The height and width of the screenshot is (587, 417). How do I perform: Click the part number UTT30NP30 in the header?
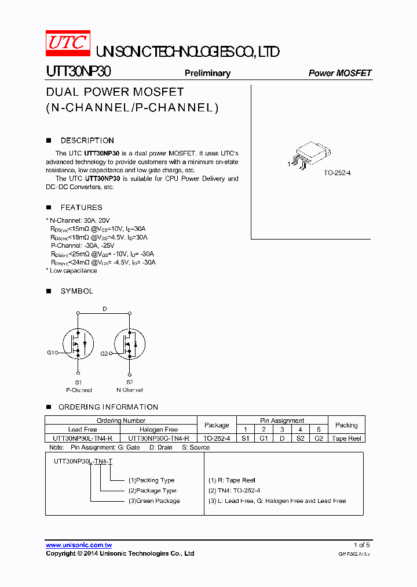pos(78,71)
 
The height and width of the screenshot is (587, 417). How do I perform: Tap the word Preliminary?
pos(207,73)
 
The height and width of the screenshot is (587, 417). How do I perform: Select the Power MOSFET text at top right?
pos(340,73)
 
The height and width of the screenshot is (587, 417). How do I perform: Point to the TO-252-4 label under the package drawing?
pos(338,173)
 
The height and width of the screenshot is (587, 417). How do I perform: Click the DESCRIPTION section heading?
pos(87,140)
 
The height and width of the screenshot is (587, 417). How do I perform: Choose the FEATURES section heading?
pos(81,207)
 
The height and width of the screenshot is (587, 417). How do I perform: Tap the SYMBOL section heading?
pos(76,291)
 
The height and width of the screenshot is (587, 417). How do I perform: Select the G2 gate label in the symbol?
pos(104,353)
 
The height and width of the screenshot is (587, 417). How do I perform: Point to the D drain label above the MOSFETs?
pos(104,309)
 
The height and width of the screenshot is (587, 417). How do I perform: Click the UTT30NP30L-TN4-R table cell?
pos(83,439)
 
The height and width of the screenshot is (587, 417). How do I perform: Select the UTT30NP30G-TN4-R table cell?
pos(159,439)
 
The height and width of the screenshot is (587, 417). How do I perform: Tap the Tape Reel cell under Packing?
pos(346,439)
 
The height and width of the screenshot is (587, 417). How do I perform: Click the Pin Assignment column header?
pos(282,421)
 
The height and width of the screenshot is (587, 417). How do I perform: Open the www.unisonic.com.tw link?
pos(79,545)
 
